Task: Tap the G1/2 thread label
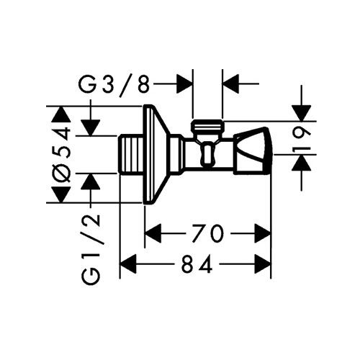coord(91,249)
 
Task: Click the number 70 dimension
coord(207,233)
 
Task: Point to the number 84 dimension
coord(197,264)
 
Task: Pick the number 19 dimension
coord(301,141)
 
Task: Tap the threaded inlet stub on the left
coord(131,154)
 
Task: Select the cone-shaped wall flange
coord(156,154)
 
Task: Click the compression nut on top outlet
coord(208,127)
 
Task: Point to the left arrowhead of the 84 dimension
coord(128,264)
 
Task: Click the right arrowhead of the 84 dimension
coord(263,264)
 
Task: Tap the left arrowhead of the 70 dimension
coord(153,233)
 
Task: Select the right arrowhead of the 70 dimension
coord(263,233)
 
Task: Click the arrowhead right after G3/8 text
coord(185,84)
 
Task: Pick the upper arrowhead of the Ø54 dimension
coord(62,114)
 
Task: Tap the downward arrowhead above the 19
coord(301,113)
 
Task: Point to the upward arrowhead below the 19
coord(301,163)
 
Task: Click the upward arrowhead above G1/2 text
coord(91,181)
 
